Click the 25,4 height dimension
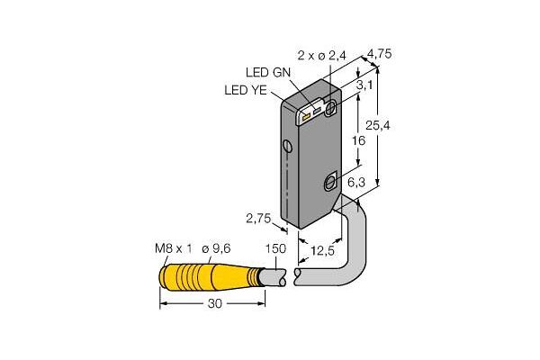pyautogui.click(x=378, y=126)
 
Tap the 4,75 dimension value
pyautogui.click(x=380, y=54)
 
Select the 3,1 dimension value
pyautogui.click(x=364, y=85)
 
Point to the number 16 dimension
pyautogui.click(x=358, y=140)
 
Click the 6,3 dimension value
pyautogui.click(x=356, y=182)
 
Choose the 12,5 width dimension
pyautogui.click(x=322, y=251)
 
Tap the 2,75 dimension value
pyautogui.click(x=258, y=218)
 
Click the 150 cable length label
pyautogui.click(x=275, y=248)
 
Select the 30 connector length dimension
pyautogui.click(x=215, y=303)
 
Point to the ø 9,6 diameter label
pyautogui.click(x=216, y=248)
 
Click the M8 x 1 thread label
pyautogui.click(x=173, y=248)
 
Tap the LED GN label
pyautogui.click(x=268, y=72)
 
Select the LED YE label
pyautogui.click(x=246, y=90)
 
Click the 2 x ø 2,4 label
pyautogui.click(x=322, y=56)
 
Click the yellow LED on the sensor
pyautogui.click(x=305, y=118)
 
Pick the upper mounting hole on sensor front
pyautogui.click(x=331, y=106)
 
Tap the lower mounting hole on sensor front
pyautogui.click(x=330, y=182)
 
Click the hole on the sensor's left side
pyautogui.click(x=288, y=146)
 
